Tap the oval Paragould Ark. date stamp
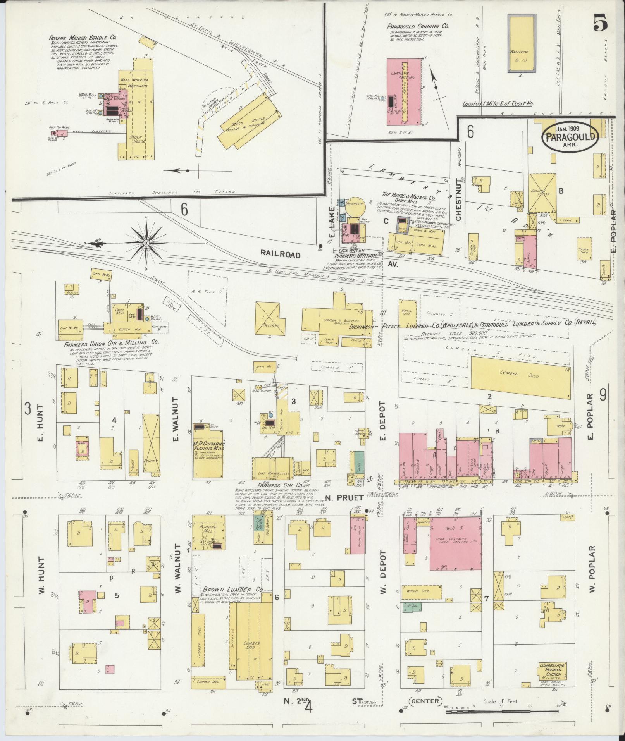(x=570, y=136)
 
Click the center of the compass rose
(x=146, y=243)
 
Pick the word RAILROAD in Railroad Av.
(x=280, y=254)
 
